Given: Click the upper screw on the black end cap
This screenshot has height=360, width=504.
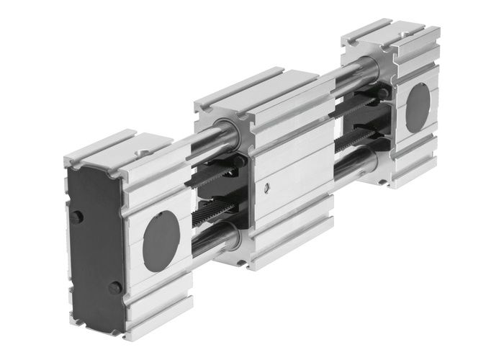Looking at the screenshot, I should point(77,217).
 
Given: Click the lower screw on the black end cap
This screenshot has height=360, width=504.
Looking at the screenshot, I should point(114,287).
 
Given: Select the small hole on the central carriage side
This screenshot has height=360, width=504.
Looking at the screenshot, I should point(268,189).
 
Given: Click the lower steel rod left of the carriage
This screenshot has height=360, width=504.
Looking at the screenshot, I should point(210,246).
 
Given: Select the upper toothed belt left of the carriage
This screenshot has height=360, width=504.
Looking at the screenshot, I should point(216,173).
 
